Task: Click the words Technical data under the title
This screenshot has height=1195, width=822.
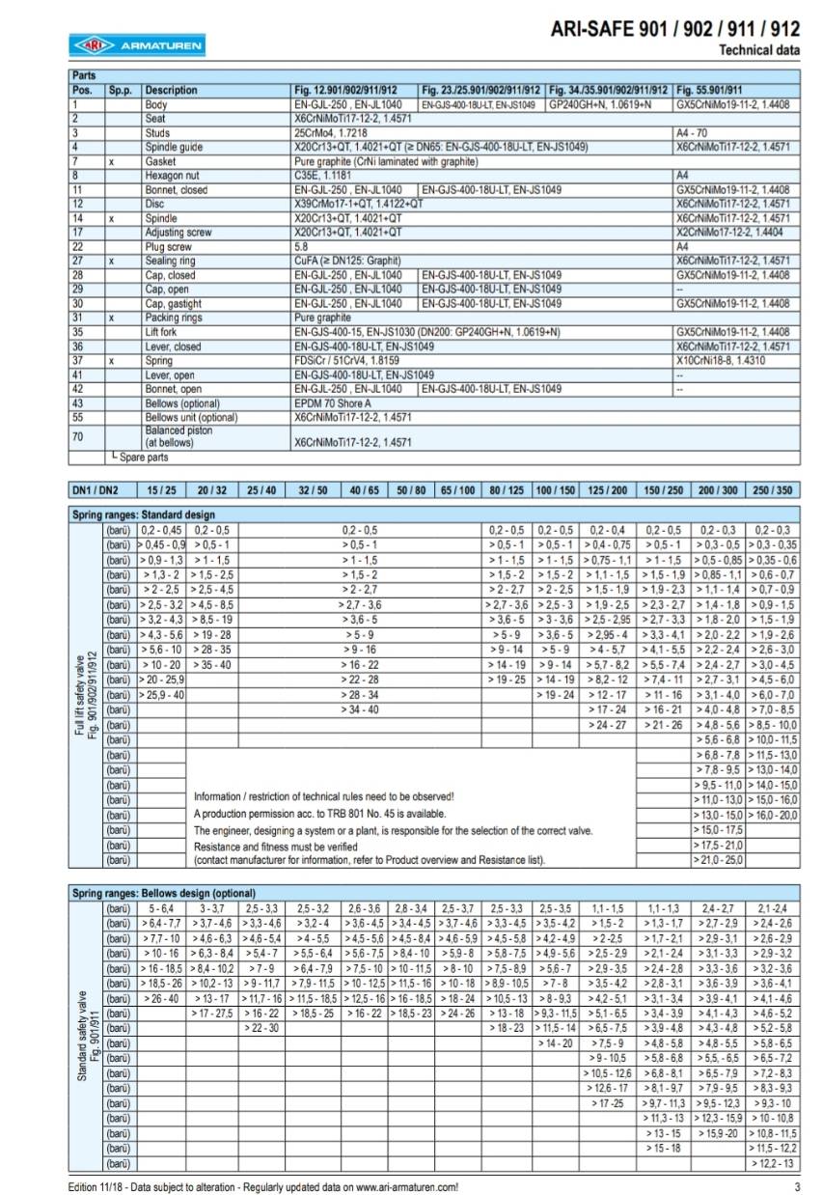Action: click(759, 48)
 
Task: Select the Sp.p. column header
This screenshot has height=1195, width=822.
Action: click(120, 88)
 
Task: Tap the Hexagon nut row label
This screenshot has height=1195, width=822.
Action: click(170, 176)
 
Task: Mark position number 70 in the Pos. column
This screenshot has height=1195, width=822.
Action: click(78, 435)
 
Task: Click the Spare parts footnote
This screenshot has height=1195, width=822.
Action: click(140, 457)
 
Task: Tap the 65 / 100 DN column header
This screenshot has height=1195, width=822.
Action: click(458, 490)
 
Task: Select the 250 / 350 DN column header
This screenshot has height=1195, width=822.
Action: click(775, 490)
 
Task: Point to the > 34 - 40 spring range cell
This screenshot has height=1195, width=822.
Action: click(359, 709)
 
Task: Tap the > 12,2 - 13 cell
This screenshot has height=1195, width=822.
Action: click(774, 1163)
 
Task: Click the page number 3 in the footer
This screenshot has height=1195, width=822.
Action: click(797, 1187)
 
